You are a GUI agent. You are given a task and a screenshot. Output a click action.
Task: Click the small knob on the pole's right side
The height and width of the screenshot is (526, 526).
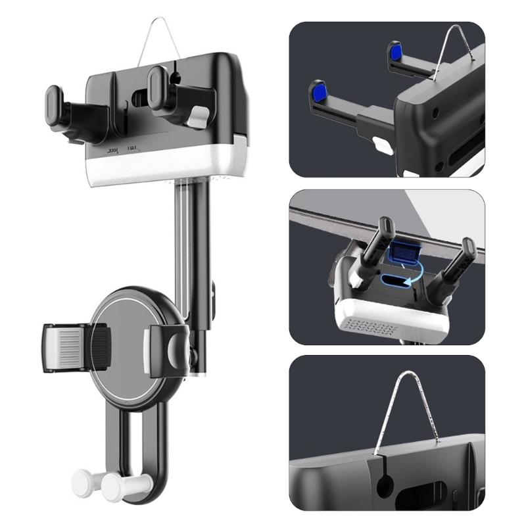(214, 289)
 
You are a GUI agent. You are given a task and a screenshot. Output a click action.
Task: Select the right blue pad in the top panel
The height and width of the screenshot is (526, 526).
(396, 53)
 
